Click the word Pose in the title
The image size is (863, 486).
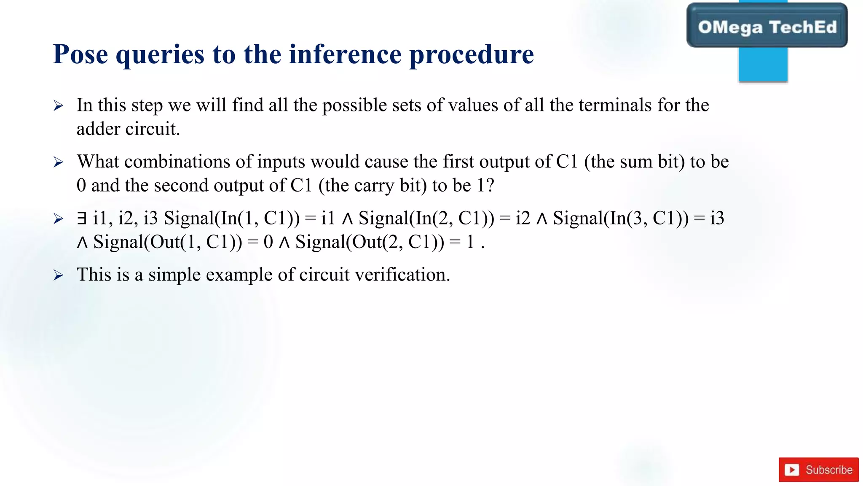[x=80, y=55]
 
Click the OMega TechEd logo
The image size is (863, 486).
[x=767, y=27]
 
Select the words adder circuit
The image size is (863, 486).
[x=128, y=129]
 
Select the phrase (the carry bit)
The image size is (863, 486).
[x=373, y=185]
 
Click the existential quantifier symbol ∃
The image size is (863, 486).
[x=82, y=218]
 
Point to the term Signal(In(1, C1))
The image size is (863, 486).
[x=232, y=218]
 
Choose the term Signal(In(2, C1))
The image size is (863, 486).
[x=426, y=218]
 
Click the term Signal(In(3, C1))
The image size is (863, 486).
[x=621, y=218]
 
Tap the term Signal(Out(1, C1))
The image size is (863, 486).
[x=168, y=242]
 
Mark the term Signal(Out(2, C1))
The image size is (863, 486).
[x=370, y=242]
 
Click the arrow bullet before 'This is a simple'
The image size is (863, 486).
[x=59, y=275]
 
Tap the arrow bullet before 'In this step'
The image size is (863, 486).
[x=59, y=105]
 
